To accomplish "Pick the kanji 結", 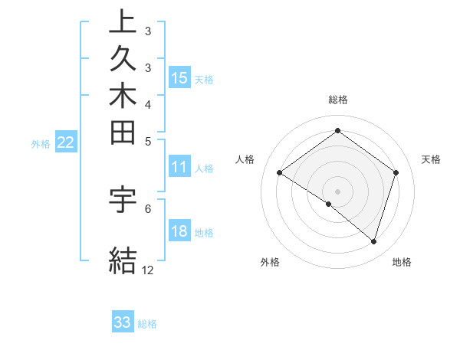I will (x=123, y=260).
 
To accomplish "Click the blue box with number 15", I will (x=179, y=77).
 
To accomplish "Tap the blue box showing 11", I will (x=179, y=168).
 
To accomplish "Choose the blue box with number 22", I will (x=67, y=142).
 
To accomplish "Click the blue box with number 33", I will (x=123, y=322).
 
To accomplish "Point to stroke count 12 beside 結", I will (x=148, y=270).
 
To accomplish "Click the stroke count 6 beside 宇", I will (x=148, y=208).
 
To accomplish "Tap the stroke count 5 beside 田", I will (x=148, y=141).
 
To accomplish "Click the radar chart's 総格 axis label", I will (x=338, y=100).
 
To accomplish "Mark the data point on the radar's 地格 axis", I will (x=373, y=241).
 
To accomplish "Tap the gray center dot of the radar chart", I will (x=337, y=190).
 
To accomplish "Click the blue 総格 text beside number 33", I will (x=147, y=324).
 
